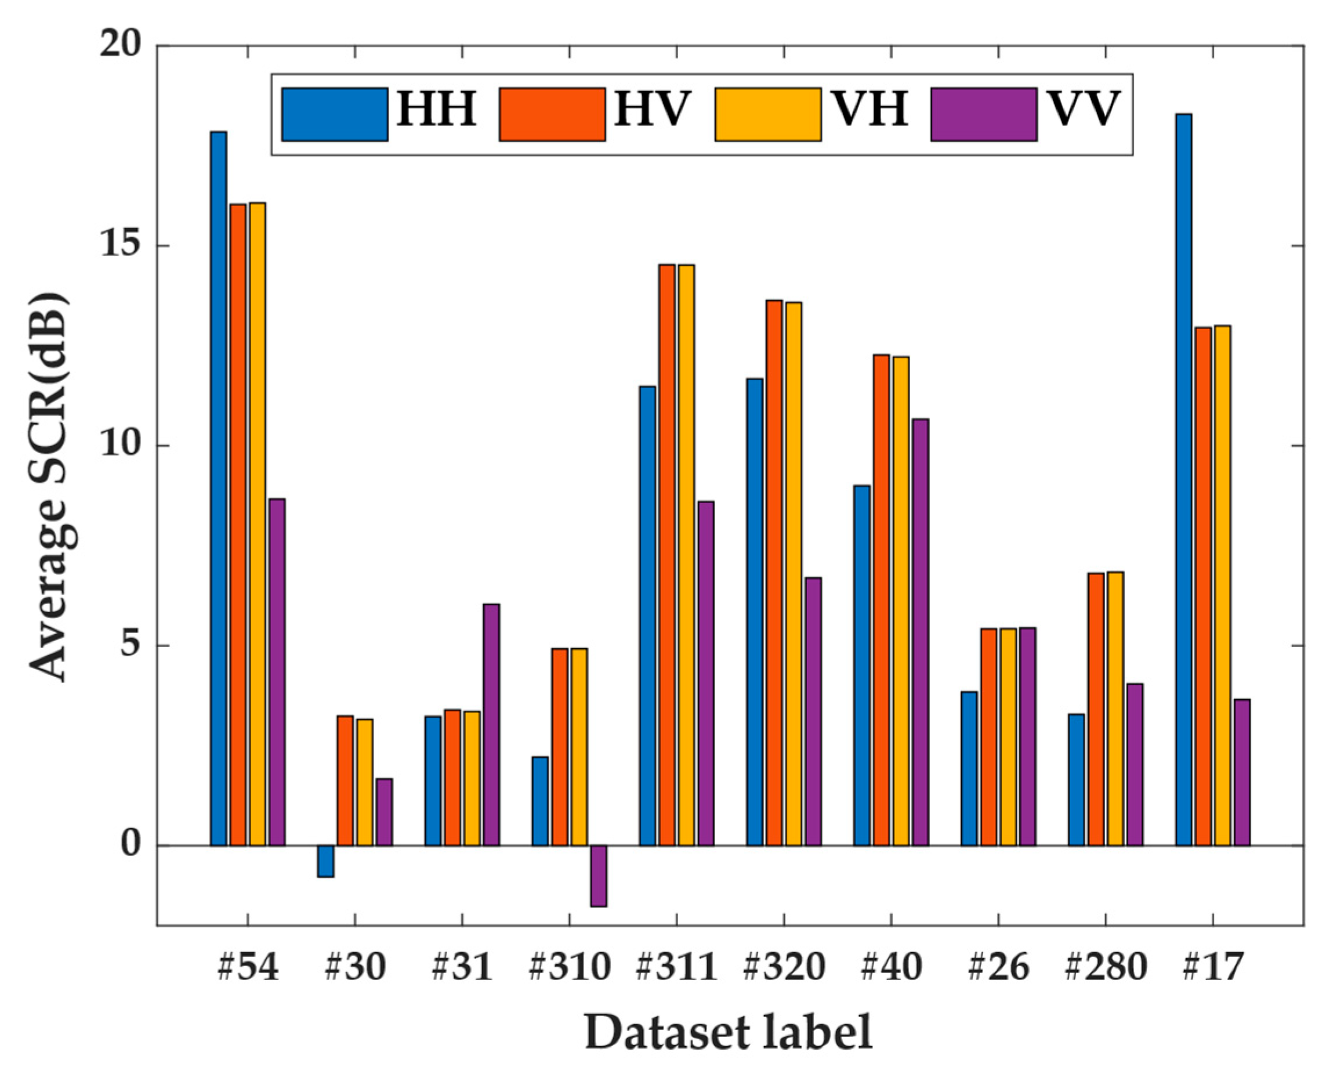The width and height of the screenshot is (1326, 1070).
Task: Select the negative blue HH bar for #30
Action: click(x=326, y=861)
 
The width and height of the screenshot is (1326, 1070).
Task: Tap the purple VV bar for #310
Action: click(x=598, y=875)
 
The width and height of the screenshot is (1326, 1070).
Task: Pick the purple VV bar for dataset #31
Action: click(x=491, y=724)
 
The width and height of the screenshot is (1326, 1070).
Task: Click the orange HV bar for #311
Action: click(x=666, y=555)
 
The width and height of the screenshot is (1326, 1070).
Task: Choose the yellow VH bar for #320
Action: click(x=794, y=573)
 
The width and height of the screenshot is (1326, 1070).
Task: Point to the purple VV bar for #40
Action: click(x=921, y=632)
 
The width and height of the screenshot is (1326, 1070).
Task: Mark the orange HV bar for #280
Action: click(x=1096, y=709)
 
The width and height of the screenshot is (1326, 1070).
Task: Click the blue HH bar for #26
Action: click(x=969, y=768)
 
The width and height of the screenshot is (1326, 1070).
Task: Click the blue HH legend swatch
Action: click(x=335, y=115)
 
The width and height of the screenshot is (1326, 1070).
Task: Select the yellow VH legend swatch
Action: click(x=768, y=115)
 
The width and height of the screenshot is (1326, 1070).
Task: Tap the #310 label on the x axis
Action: click(x=570, y=967)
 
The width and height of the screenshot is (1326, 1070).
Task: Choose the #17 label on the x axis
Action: click(x=1213, y=967)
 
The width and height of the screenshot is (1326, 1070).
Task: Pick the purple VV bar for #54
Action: click(x=277, y=672)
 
